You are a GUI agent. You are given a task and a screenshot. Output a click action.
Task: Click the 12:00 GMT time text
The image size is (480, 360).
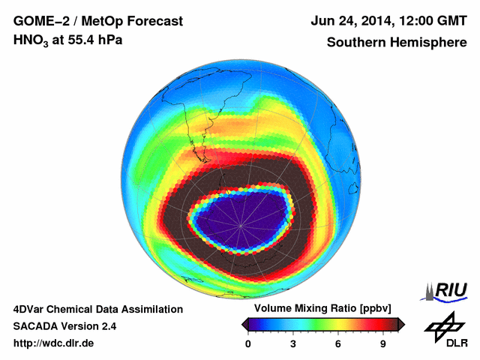point(432,20)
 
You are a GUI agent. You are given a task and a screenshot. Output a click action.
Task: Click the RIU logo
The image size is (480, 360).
point(445,291)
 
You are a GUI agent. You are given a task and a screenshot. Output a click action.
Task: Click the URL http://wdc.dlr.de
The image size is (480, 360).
point(54,344)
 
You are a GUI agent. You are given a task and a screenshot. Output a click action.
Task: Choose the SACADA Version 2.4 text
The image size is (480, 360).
point(64,326)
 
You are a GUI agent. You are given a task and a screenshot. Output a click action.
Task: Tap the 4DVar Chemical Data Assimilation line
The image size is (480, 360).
point(97,309)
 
